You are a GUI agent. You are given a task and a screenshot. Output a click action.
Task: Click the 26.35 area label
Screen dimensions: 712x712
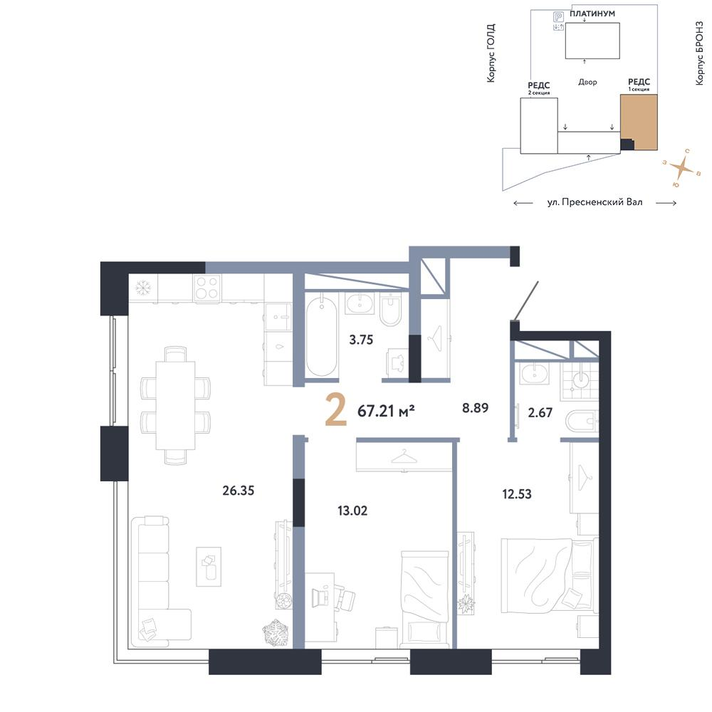click(x=239, y=491)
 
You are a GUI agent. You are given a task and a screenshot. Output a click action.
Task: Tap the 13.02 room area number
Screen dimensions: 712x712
click(x=352, y=511)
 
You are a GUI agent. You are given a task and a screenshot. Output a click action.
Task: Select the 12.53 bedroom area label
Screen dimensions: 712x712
click(x=517, y=493)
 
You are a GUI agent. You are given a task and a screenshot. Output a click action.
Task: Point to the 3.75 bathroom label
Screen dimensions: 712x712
click(x=361, y=340)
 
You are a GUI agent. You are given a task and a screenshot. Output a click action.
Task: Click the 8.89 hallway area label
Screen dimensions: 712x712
click(x=476, y=408)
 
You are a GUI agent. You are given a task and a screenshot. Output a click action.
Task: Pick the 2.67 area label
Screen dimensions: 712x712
click(x=540, y=412)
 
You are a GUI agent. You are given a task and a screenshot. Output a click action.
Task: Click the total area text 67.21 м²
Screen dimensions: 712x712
click(x=386, y=412)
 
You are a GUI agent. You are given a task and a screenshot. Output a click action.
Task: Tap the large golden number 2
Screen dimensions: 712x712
click(x=336, y=411)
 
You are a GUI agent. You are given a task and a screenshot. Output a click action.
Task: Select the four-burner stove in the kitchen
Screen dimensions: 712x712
click(x=206, y=288)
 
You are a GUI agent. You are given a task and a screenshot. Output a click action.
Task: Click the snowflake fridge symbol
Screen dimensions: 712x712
click(x=144, y=287)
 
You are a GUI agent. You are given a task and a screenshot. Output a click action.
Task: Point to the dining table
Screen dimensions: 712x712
click(x=175, y=405)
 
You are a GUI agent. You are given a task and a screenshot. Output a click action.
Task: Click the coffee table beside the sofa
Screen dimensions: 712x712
click(x=209, y=567)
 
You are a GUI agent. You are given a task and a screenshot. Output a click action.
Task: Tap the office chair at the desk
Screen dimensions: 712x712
click(x=345, y=599)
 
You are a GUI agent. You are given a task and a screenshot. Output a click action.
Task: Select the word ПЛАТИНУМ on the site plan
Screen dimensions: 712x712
click(x=592, y=14)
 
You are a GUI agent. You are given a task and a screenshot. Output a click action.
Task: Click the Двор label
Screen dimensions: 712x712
click(x=587, y=82)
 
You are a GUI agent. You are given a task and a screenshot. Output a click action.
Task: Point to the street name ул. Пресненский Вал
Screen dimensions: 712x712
click(x=595, y=202)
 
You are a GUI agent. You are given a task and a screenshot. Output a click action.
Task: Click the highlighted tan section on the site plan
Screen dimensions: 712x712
click(x=639, y=122)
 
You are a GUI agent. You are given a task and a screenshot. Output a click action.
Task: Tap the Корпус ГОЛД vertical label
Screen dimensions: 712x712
click(x=491, y=53)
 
